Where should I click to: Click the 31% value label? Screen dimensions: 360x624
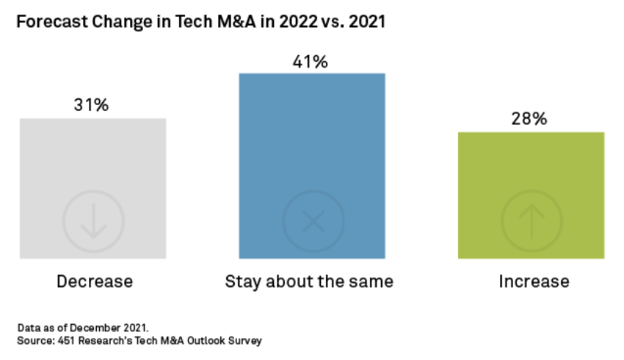click(x=91, y=105)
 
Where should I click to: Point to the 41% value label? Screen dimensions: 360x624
click(x=311, y=62)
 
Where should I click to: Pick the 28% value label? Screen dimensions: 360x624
click(x=530, y=119)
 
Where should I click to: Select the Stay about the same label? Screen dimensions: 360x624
click(x=309, y=281)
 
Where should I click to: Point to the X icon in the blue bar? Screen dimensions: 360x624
click(x=313, y=220)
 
